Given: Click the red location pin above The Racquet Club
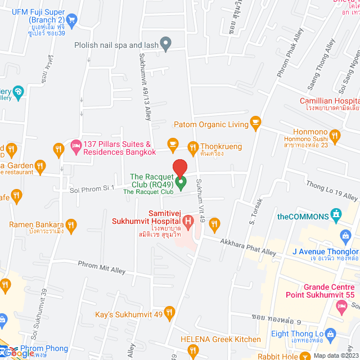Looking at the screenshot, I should [x=179, y=168].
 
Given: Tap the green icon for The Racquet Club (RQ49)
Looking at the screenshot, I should [x=181, y=182].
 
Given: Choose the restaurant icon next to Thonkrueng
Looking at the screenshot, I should [x=192, y=146].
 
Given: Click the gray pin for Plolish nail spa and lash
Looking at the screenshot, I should [x=165, y=43].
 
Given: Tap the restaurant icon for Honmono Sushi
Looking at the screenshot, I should [x=336, y=135].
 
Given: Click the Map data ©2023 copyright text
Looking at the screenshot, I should [x=335, y=355].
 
